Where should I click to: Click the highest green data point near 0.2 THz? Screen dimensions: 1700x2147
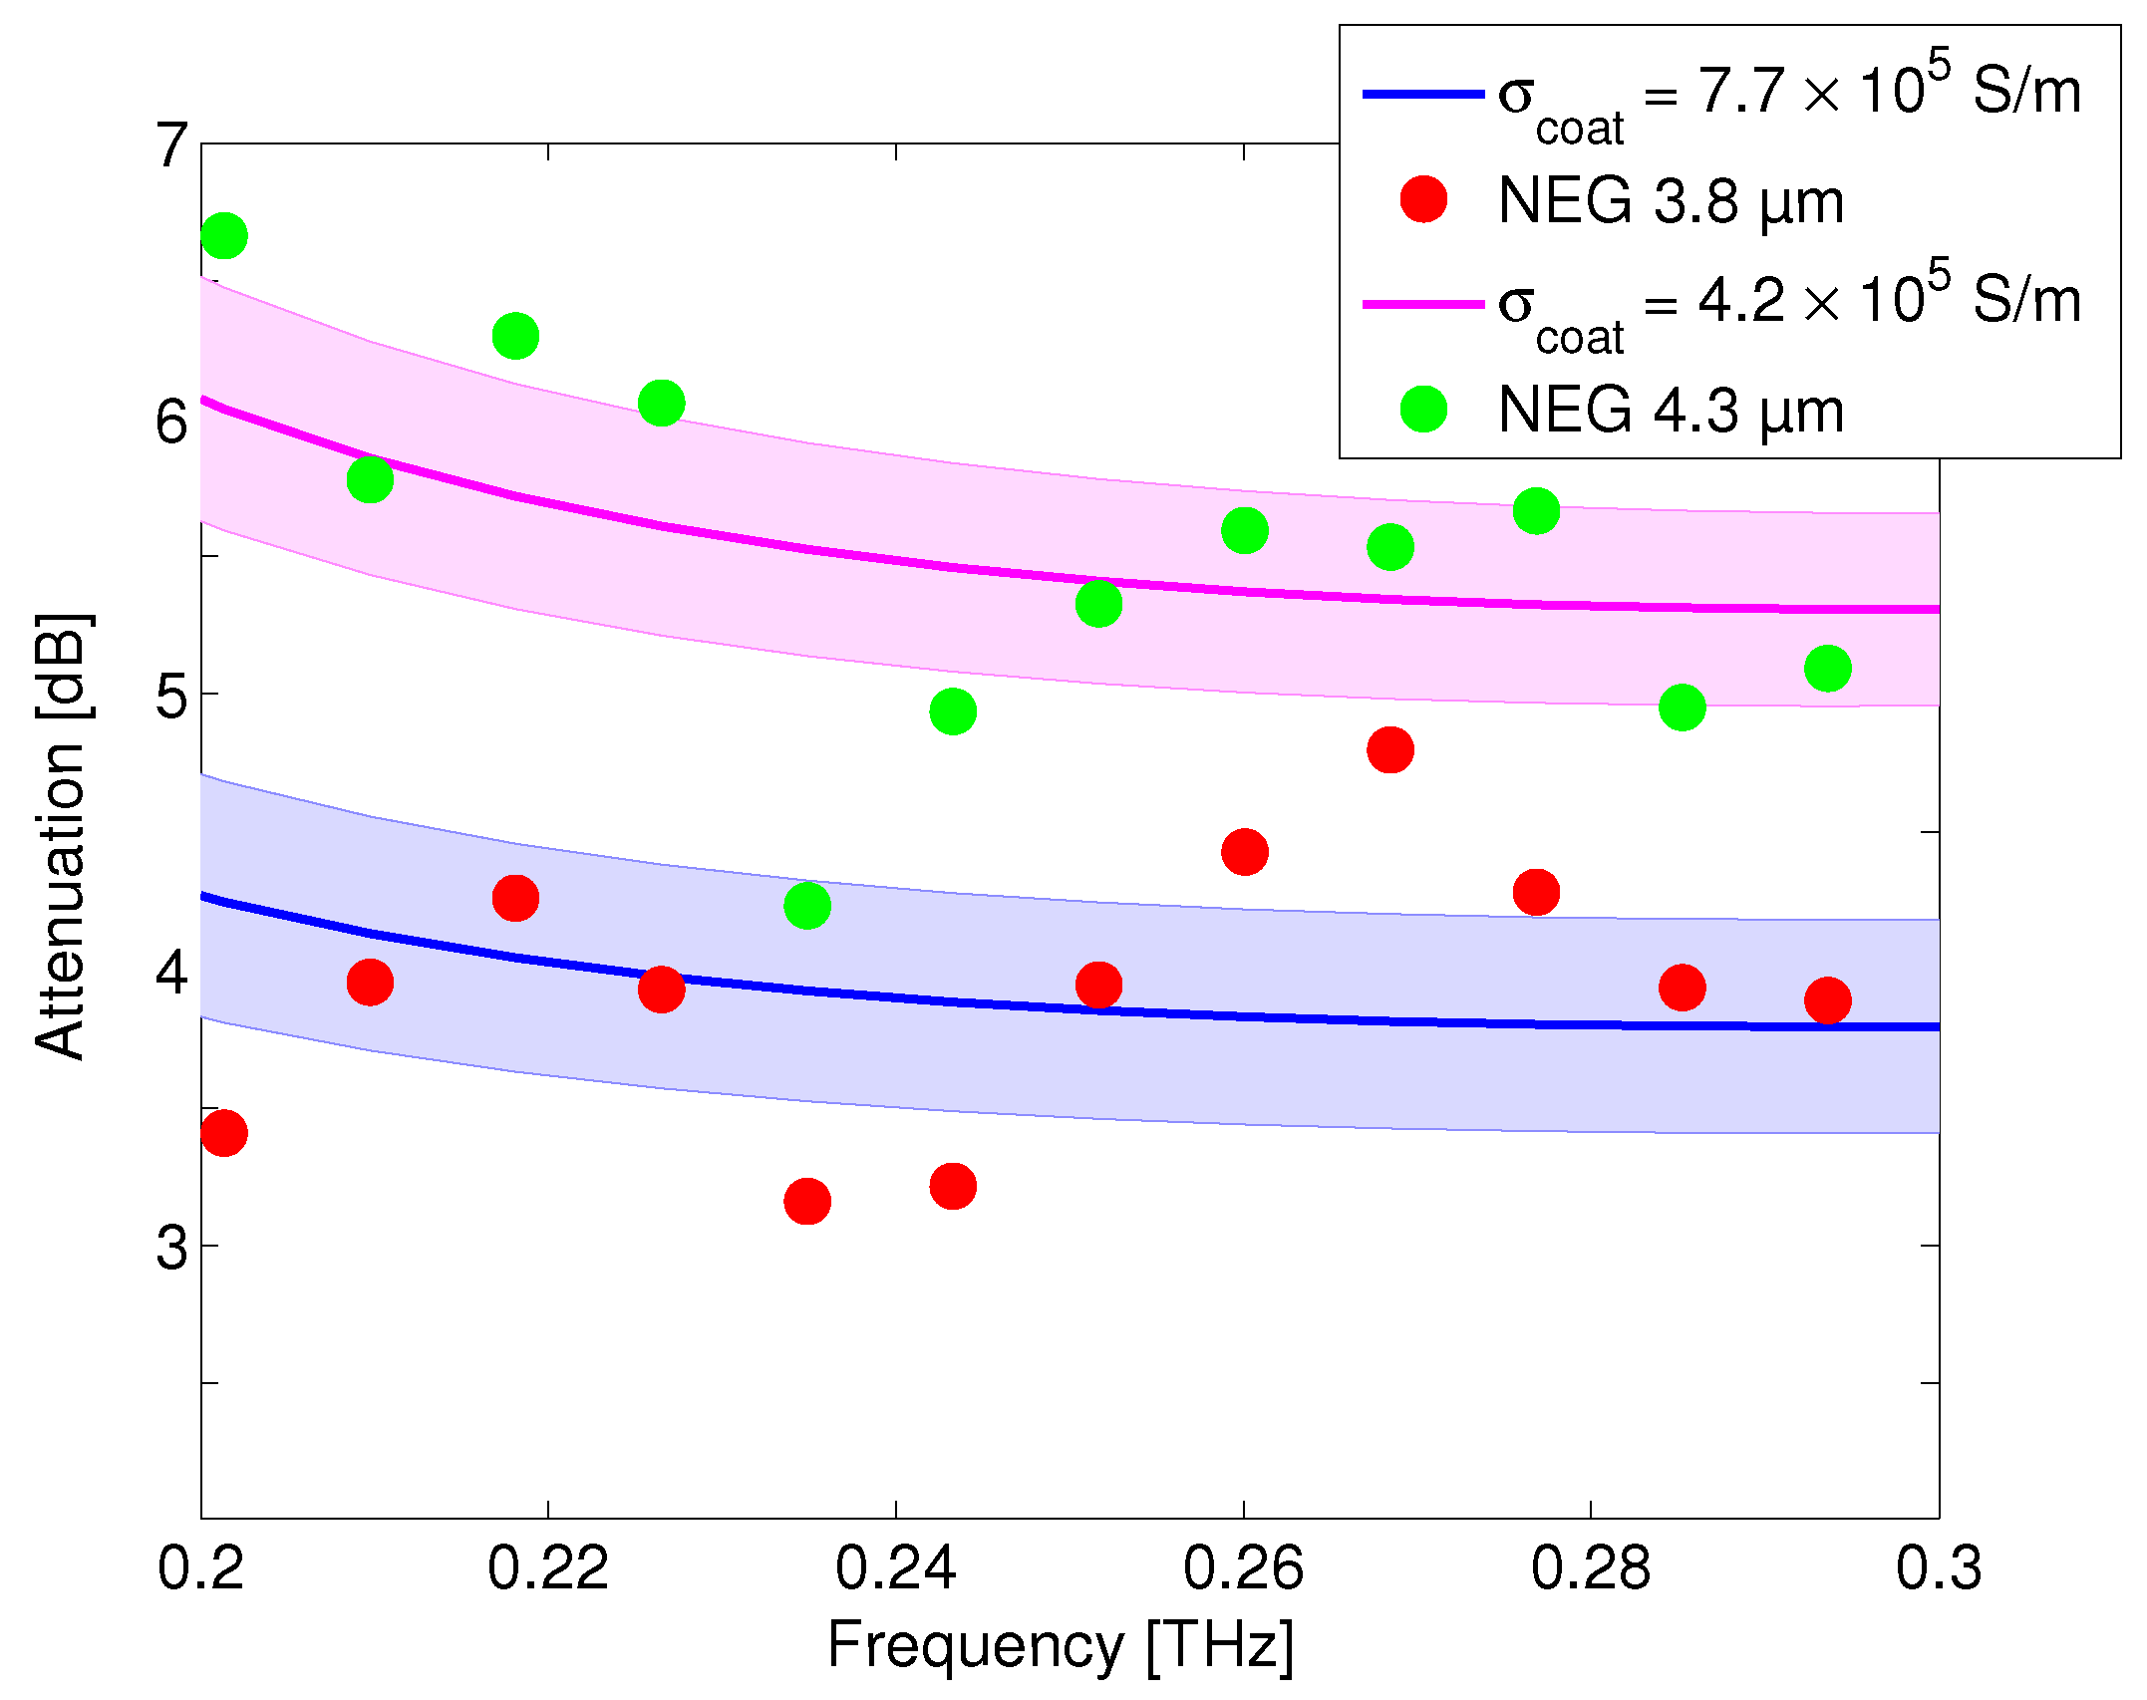coord(223,236)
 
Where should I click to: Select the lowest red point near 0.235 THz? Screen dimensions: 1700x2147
coord(806,1200)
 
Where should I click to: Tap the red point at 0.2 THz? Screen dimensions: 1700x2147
coord(223,1133)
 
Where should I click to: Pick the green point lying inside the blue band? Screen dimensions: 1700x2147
coord(806,905)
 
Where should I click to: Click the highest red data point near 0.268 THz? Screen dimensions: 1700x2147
coord(1389,749)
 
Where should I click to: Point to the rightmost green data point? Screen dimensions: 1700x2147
coord(1827,668)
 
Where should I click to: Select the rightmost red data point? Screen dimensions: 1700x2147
coord(1827,999)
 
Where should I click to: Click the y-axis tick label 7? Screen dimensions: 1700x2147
coord(171,145)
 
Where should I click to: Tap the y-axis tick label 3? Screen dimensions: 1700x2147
coord(171,1247)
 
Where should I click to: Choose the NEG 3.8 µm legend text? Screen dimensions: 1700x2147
coord(1671,201)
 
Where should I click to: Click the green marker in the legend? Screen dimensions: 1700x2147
coord(1423,409)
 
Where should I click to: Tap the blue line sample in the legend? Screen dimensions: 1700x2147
coord(1423,94)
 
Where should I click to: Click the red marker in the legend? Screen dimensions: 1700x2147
coord(1423,199)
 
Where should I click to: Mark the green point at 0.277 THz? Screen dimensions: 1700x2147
coord(1536,511)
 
